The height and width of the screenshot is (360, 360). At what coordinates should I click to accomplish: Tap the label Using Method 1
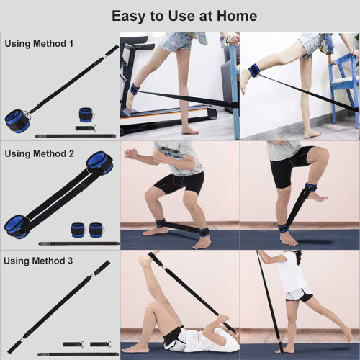coord(39,44)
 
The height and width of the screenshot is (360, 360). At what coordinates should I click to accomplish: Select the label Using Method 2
coord(39,153)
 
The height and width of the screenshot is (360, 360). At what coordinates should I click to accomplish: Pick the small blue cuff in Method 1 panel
coord(86,115)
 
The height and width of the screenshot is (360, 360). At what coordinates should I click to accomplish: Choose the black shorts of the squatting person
coord(176,183)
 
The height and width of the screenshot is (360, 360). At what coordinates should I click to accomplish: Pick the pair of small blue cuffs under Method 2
coord(87,230)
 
